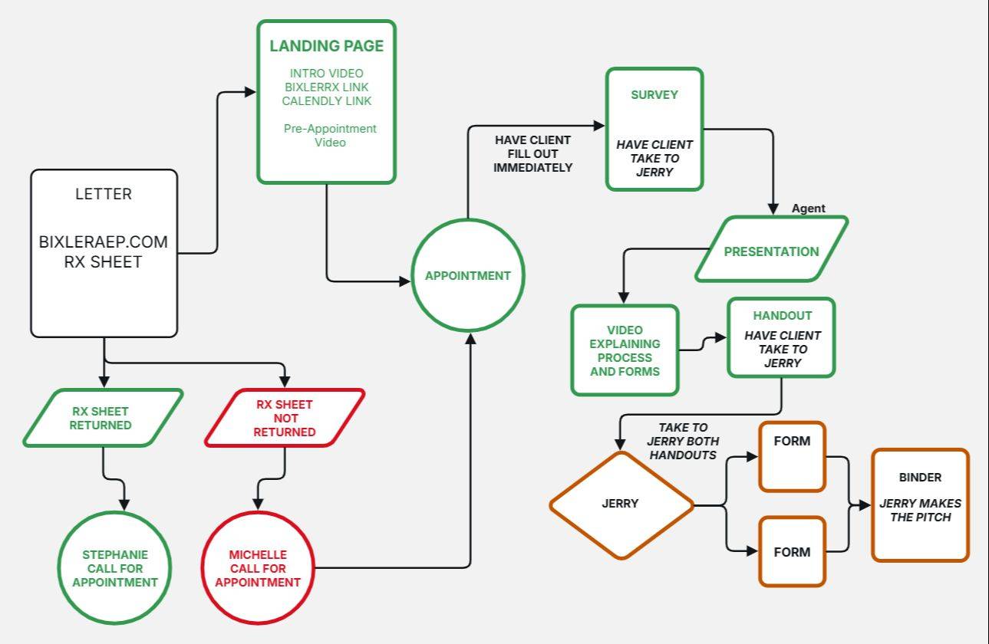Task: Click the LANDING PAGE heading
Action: pyautogui.click(x=327, y=46)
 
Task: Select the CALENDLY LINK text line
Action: pyautogui.click(x=327, y=101)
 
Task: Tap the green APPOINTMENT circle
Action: pyautogui.click(x=468, y=275)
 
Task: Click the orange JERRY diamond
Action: pyautogui.click(x=621, y=505)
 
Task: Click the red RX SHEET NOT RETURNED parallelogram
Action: pyautogui.click(x=285, y=418)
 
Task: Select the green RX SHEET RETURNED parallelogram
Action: pyautogui.click(x=104, y=418)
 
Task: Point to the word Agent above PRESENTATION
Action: pyautogui.click(x=808, y=209)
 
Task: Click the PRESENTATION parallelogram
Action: pyautogui.click(x=771, y=248)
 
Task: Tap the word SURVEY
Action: pyautogui.click(x=654, y=95)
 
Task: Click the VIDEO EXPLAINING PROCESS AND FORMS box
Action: pyautogui.click(x=625, y=350)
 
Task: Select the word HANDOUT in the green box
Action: pyautogui.click(x=783, y=315)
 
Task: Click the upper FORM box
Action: pyautogui.click(x=793, y=457)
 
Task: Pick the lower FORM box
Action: pyautogui.click(x=793, y=552)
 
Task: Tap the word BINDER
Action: pyautogui.click(x=920, y=478)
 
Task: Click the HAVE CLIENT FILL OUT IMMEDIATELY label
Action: pyautogui.click(x=533, y=154)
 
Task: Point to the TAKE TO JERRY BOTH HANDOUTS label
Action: pyautogui.click(x=683, y=441)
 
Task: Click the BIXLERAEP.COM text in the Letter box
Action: pyautogui.click(x=104, y=242)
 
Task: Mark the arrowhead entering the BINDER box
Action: pyautogui.click(x=865, y=505)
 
